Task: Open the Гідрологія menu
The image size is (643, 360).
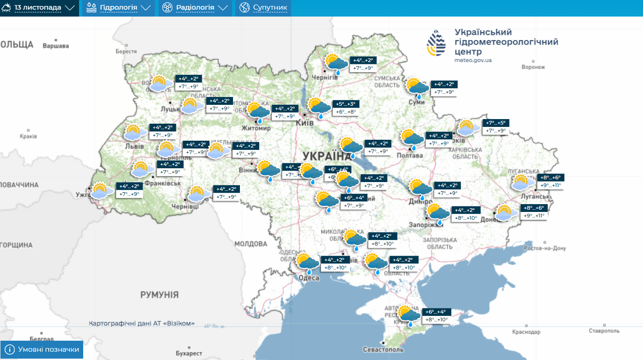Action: click(119, 8)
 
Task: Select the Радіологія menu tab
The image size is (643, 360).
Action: click(195, 8)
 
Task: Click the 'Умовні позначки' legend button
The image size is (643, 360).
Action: click(42, 349)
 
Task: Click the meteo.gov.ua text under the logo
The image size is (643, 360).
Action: click(473, 60)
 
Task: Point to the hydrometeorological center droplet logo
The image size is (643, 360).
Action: click(436, 43)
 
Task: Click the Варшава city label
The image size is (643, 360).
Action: click(56, 46)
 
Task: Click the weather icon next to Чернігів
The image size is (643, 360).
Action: click(336, 64)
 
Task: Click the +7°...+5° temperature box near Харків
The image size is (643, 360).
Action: click(496, 127)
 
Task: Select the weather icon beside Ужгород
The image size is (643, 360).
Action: click(102, 190)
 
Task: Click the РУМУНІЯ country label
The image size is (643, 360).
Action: click(159, 295)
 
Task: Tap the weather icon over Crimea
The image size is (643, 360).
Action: click(409, 316)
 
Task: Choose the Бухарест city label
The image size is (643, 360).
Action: click(189, 353)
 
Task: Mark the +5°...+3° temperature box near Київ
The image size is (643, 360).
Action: click(346, 108)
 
